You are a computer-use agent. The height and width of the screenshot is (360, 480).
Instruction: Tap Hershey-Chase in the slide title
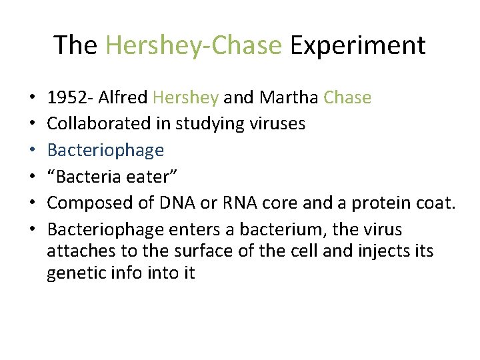point(193,45)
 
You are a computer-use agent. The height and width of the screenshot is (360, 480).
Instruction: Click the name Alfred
point(124,98)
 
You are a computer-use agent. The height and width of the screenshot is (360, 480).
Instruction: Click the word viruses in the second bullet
point(277,124)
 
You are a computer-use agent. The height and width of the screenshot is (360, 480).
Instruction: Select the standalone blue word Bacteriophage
point(105,150)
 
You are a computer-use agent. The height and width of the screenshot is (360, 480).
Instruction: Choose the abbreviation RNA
point(247,203)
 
